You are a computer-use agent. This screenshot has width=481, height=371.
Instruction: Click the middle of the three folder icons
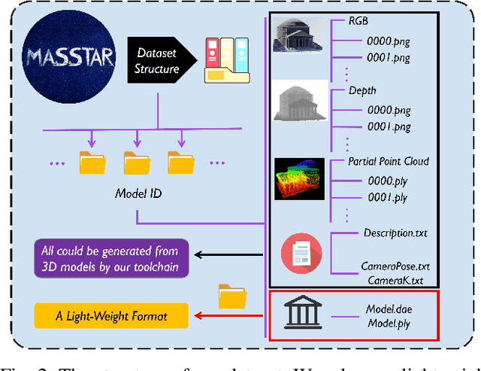tap(138, 163)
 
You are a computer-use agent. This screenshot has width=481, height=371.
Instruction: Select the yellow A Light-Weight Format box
tap(111, 315)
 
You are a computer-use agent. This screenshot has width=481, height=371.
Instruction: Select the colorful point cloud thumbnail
tap(300, 178)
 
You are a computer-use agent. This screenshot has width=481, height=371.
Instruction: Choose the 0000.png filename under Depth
tap(387, 109)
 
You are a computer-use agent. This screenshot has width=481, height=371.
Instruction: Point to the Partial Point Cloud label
tap(388, 161)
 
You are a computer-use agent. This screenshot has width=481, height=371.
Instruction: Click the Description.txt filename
tap(395, 233)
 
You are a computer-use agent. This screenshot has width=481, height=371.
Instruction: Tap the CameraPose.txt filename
tap(395, 266)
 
